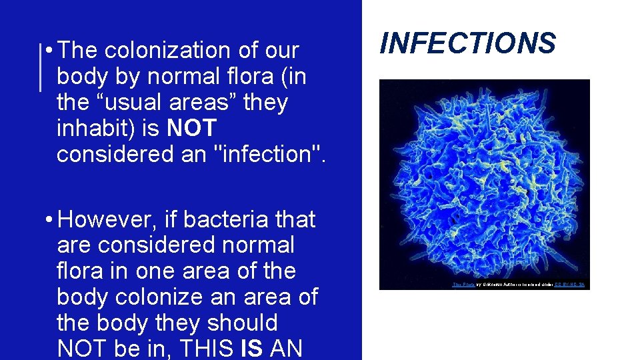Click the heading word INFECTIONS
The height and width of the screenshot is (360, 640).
tap(467, 43)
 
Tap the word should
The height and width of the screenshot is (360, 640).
tap(242, 323)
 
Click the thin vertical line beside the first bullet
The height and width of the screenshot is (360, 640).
tap(41, 67)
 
